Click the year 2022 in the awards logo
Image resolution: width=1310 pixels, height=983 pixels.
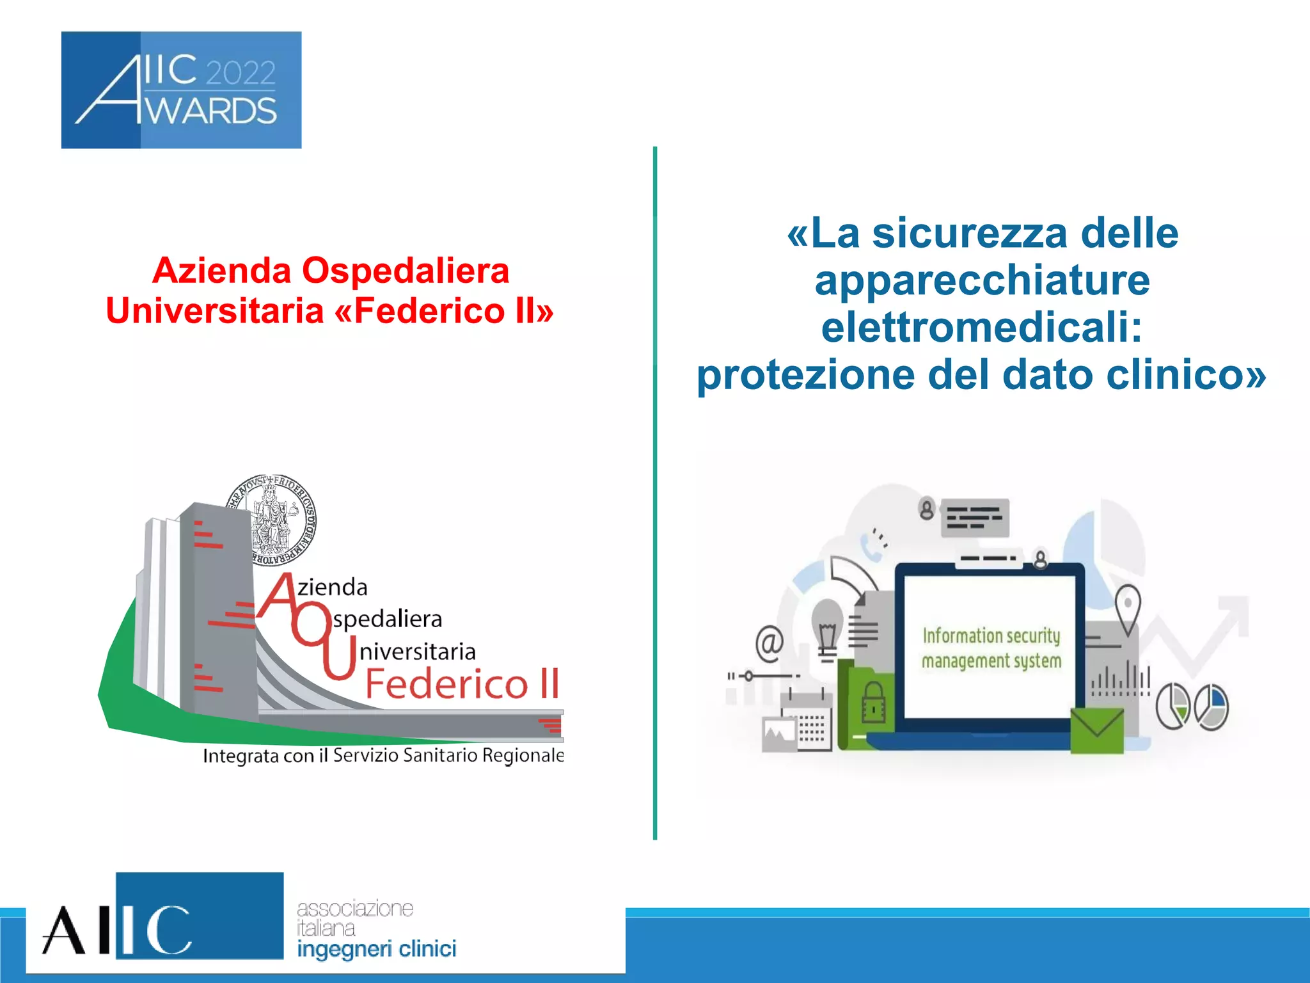tap(241, 73)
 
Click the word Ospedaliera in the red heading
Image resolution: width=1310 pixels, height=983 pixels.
tap(406, 271)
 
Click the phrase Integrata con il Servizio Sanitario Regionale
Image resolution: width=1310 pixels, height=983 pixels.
tap(383, 756)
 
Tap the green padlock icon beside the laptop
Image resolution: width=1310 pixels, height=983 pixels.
tap(873, 702)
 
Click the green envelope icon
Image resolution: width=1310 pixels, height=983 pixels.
tap(1097, 730)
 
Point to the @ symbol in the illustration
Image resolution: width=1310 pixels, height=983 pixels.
tap(769, 642)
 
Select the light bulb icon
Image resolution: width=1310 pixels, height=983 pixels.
tap(827, 627)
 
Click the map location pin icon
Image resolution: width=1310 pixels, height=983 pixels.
tap(1128, 605)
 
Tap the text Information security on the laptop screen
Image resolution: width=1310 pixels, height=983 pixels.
tap(991, 635)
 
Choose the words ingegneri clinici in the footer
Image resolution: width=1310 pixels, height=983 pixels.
tap(376, 949)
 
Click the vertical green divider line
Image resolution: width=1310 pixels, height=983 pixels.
tap(655, 493)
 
